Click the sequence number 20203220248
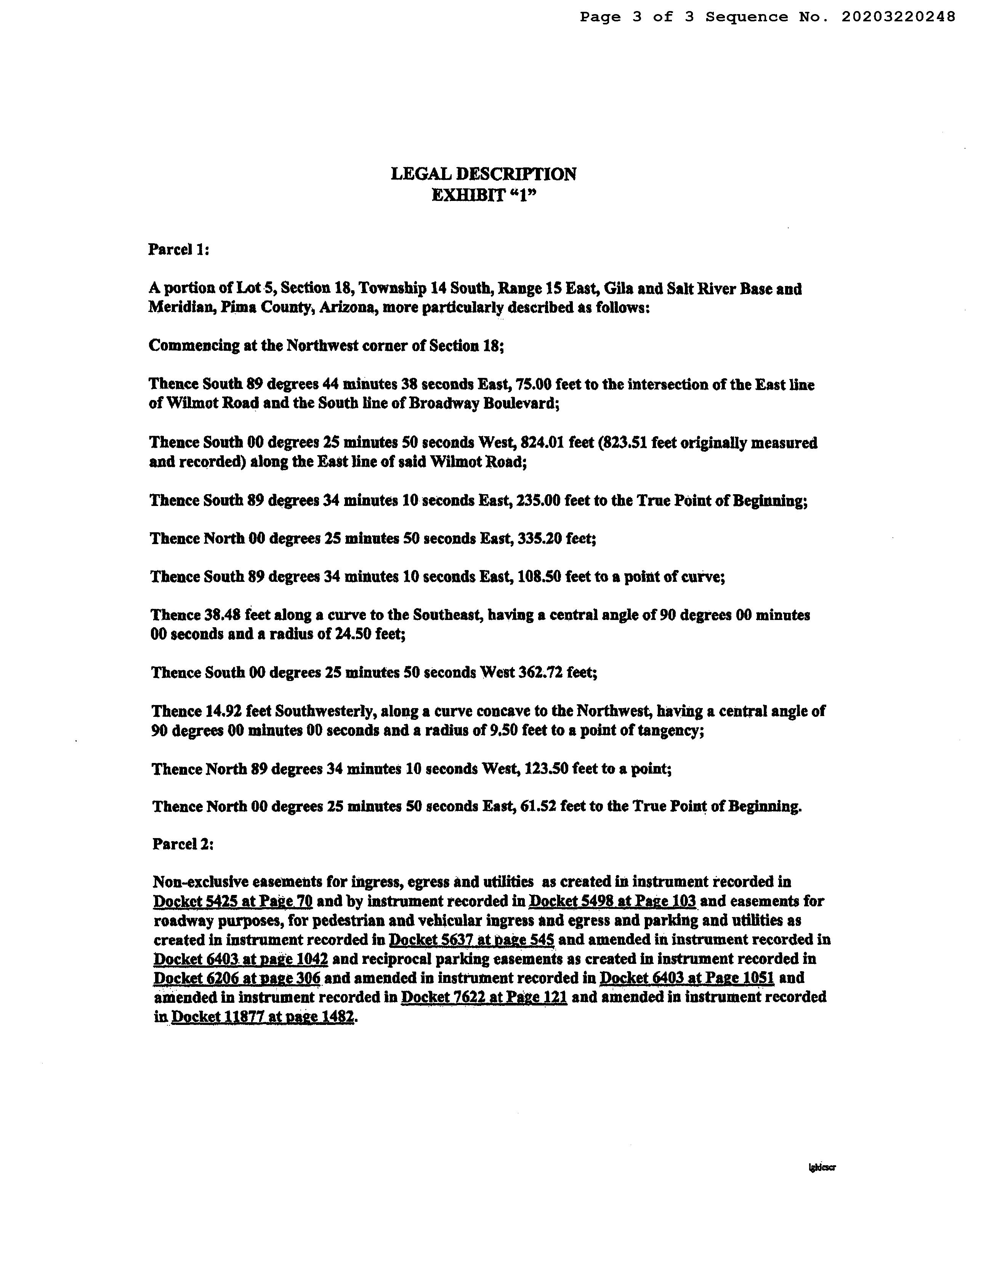click(898, 17)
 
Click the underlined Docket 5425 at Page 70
click(233, 901)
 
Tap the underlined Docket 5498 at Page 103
click(612, 901)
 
